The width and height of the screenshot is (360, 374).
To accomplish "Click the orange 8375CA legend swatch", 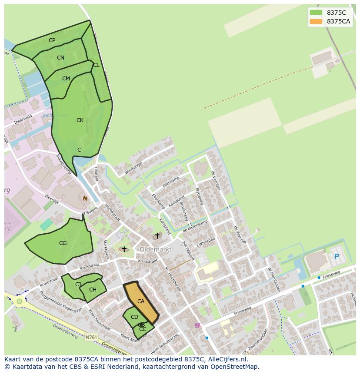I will (316, 21).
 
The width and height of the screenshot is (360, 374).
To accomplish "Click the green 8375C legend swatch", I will (316, 13).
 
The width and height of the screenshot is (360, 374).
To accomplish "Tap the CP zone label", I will (52, 40).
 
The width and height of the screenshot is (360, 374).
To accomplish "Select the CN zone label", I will (60, 58).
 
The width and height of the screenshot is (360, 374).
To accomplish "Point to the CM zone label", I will (66, 79).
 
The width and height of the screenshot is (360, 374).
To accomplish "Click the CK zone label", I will (80, 120).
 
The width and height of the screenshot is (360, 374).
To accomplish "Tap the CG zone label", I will (63, 243).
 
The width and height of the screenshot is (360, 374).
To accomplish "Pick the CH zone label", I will (93, 290).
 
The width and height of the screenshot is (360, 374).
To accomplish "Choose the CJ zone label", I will (78, 285).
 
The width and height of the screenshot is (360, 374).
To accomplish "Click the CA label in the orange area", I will (141, 301).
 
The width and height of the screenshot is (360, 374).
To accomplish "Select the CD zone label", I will (134, 317).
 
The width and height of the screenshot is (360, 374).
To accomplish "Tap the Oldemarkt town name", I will (155, 249).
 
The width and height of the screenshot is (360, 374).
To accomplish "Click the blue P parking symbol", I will (337, 257).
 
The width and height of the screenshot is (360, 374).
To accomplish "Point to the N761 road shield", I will (91, 337).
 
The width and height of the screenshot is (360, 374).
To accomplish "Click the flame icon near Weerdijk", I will (85, 198).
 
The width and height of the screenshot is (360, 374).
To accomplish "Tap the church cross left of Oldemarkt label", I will (124, 249).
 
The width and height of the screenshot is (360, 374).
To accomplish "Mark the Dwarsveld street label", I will (23, 119).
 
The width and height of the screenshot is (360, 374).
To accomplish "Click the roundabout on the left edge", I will (19, 301).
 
